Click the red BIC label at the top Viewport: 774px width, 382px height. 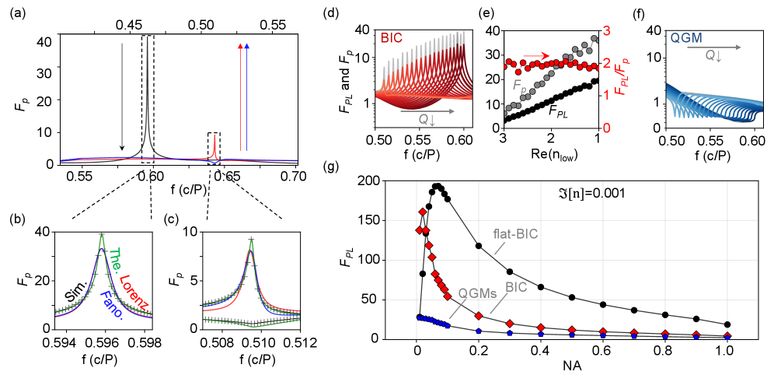(392, 37)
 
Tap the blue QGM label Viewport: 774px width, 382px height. (686, 37)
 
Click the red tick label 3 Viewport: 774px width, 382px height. (607, 31)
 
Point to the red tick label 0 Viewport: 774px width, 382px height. (607, 128)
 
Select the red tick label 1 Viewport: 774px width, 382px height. (607, 95)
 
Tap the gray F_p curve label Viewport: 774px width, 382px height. (518, 85)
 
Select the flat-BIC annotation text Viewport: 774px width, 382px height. (516, 233)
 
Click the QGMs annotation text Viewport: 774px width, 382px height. (477, 292)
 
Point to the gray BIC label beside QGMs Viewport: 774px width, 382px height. (516, 287)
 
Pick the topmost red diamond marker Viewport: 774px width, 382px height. (423, 212)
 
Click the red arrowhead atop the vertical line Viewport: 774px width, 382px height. (239, 46)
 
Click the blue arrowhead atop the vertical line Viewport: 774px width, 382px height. (246, 46)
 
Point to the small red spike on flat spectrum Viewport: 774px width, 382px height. (214, 145)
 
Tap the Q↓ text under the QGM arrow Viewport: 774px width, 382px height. (713, 56)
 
